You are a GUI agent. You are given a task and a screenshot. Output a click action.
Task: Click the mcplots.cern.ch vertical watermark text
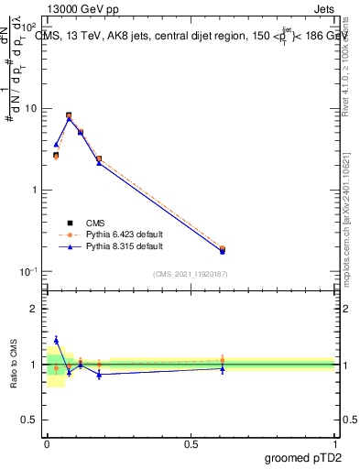coord(348,229)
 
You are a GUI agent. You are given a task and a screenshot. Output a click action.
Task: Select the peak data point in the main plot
coord(69,115)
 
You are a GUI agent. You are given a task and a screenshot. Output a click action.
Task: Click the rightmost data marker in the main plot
coord(222,249)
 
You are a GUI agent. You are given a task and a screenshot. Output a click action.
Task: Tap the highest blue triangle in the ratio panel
coord(56,340)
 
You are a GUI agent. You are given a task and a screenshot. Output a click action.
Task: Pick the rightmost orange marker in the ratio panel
coord(222,360)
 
